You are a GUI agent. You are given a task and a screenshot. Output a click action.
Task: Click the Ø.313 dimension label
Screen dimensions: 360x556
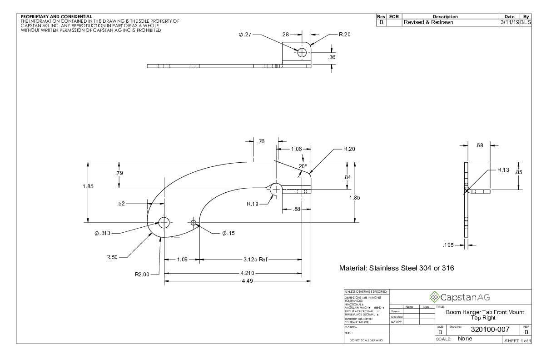coord(102,234)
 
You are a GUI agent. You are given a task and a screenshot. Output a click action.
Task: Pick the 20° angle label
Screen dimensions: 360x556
coord(303,166)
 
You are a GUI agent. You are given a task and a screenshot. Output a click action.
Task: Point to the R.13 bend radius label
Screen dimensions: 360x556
coord(503,170)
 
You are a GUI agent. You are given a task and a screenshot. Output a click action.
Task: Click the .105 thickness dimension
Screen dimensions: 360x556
coord(449,245)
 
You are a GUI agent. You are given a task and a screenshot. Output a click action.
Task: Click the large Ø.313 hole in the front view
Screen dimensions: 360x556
coord(164,223)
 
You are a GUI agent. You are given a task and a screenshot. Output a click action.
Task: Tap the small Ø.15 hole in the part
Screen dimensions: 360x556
coord(194,223)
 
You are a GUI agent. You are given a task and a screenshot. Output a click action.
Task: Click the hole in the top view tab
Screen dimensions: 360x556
coord(302,53)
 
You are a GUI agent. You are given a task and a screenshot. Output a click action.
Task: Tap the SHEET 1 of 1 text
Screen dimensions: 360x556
coord(516,341)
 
